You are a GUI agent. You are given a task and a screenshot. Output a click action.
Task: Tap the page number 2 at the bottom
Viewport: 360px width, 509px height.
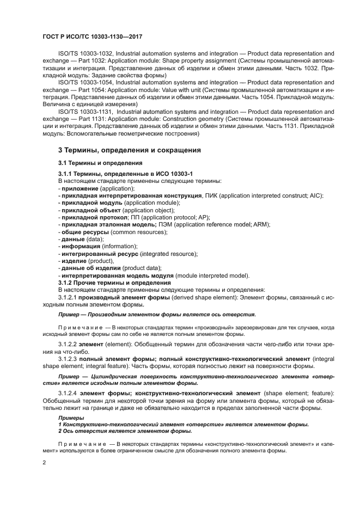coord(44,462)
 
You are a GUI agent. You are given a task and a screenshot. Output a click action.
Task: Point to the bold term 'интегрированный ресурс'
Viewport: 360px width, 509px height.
coord(100,254)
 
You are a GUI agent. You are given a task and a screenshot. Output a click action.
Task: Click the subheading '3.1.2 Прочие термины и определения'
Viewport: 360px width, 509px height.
coord(114,283)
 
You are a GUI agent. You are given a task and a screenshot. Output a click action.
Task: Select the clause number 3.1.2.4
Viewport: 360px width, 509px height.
coord(68,393)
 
